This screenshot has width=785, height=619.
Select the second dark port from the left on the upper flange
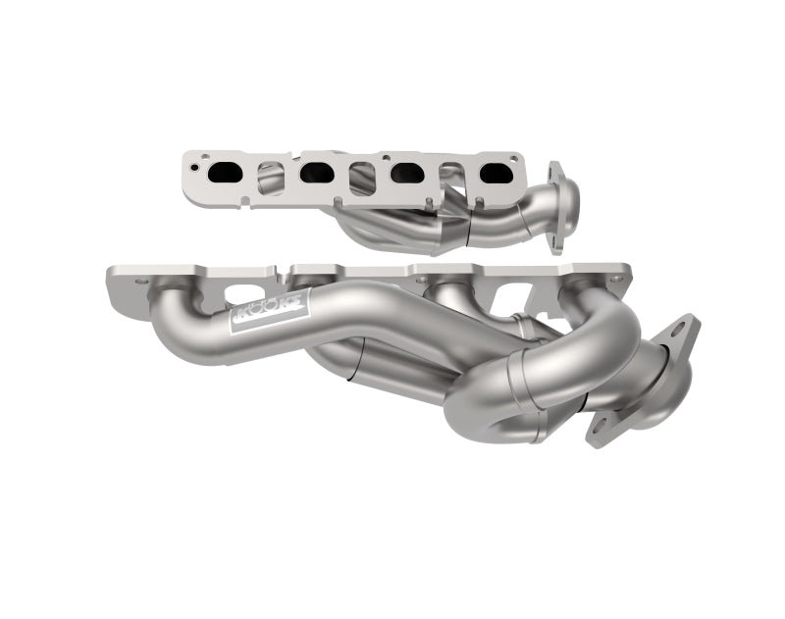316,173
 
